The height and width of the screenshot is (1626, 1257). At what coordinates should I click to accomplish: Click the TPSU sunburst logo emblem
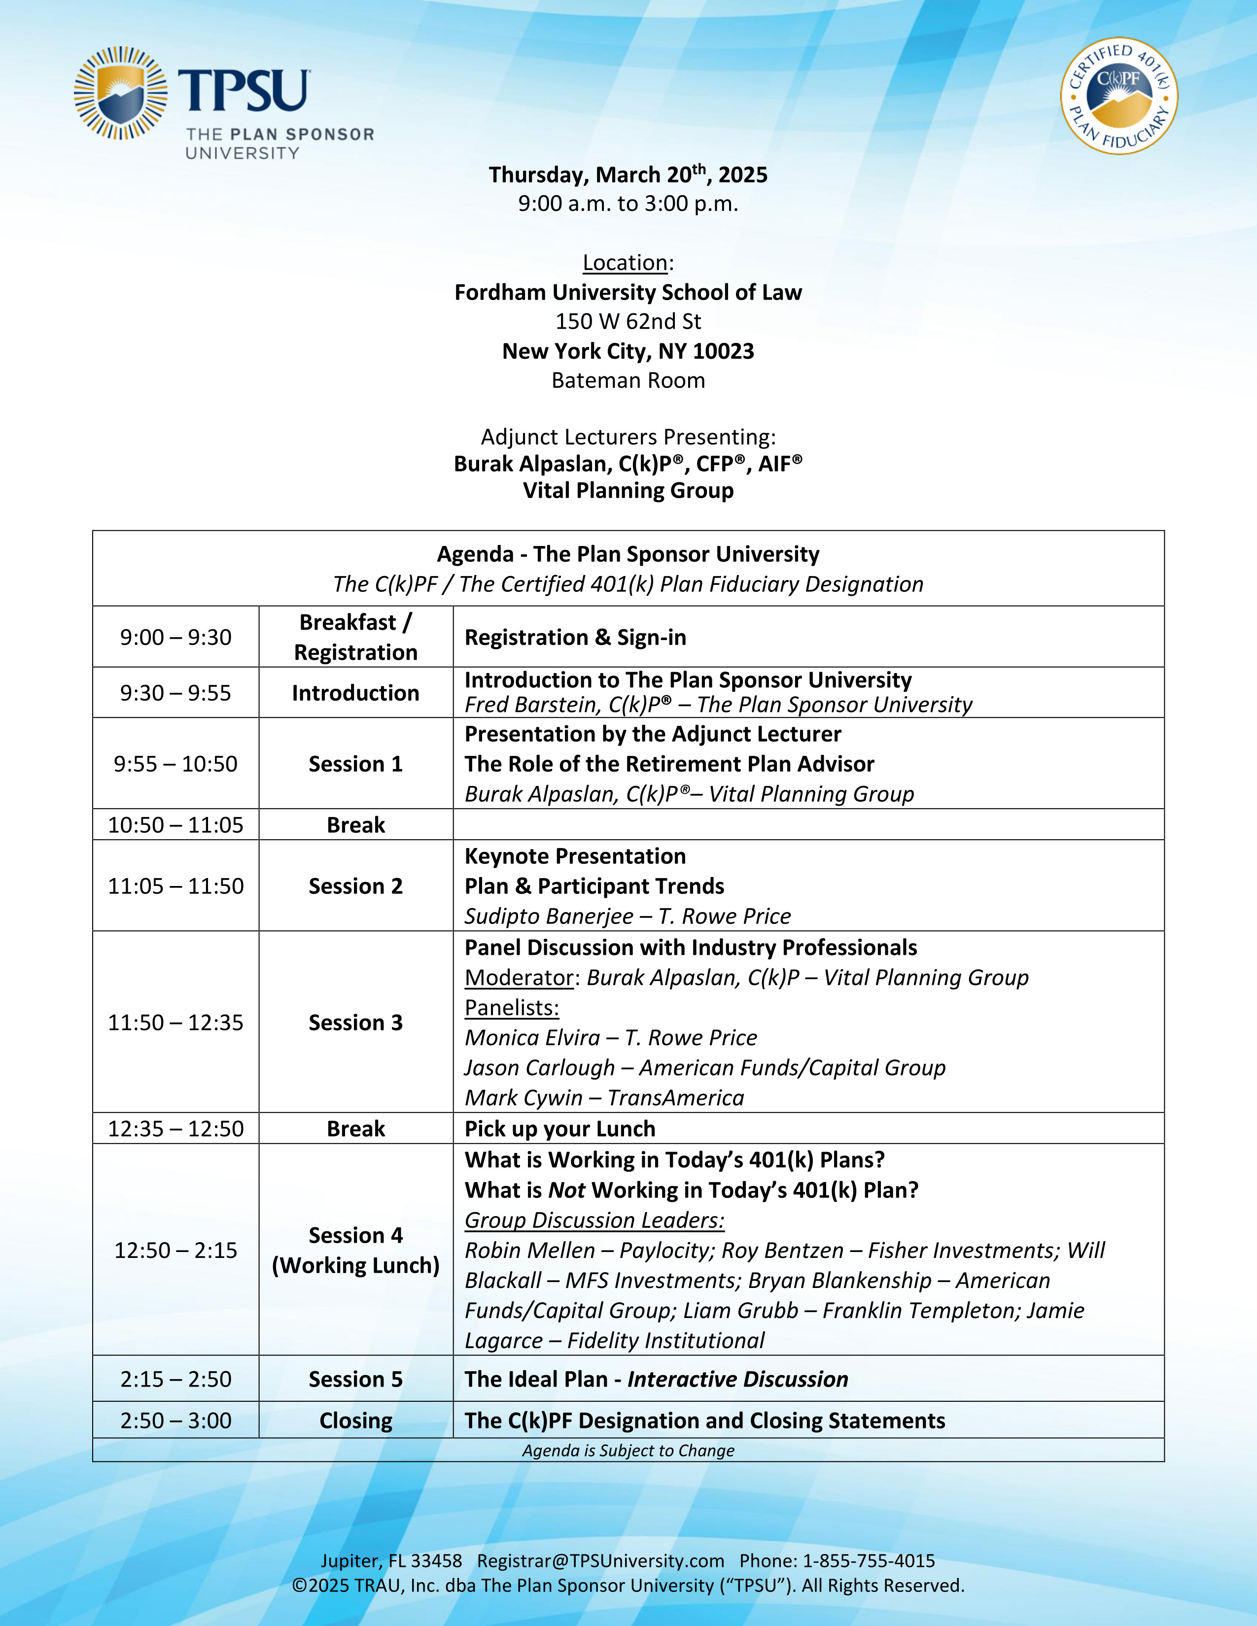(121, 94)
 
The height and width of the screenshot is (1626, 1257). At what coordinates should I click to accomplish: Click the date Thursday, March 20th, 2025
(628, 175)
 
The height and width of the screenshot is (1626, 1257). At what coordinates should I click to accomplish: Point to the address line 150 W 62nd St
(628, 322)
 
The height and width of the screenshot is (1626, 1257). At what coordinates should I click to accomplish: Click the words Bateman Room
(628, 380)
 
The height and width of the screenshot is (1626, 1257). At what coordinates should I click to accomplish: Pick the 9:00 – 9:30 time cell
(176, 637)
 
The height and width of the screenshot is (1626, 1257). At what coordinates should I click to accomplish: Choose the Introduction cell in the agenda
(355, 693)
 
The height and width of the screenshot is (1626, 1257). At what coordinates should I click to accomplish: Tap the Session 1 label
(355, 764)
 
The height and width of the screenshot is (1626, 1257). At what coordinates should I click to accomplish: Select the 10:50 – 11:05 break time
(176, 825)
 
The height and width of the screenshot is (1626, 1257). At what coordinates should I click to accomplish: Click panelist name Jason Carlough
(540, 1068)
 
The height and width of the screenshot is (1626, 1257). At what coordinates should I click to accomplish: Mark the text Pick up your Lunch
(560, 1129)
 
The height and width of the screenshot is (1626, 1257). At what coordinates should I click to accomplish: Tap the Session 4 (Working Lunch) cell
(355, 1250)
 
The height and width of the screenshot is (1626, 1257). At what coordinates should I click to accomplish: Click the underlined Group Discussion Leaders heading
(594, 1220)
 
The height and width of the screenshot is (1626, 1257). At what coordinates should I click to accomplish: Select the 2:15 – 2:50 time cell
(176, 1379)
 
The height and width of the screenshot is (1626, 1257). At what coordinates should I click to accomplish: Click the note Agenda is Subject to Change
(628, 1450)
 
